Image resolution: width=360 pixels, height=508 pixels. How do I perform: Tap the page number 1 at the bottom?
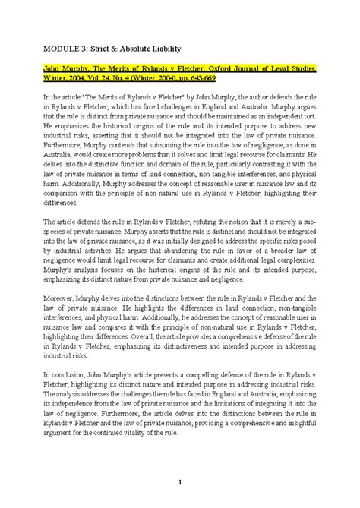(179, 484)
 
